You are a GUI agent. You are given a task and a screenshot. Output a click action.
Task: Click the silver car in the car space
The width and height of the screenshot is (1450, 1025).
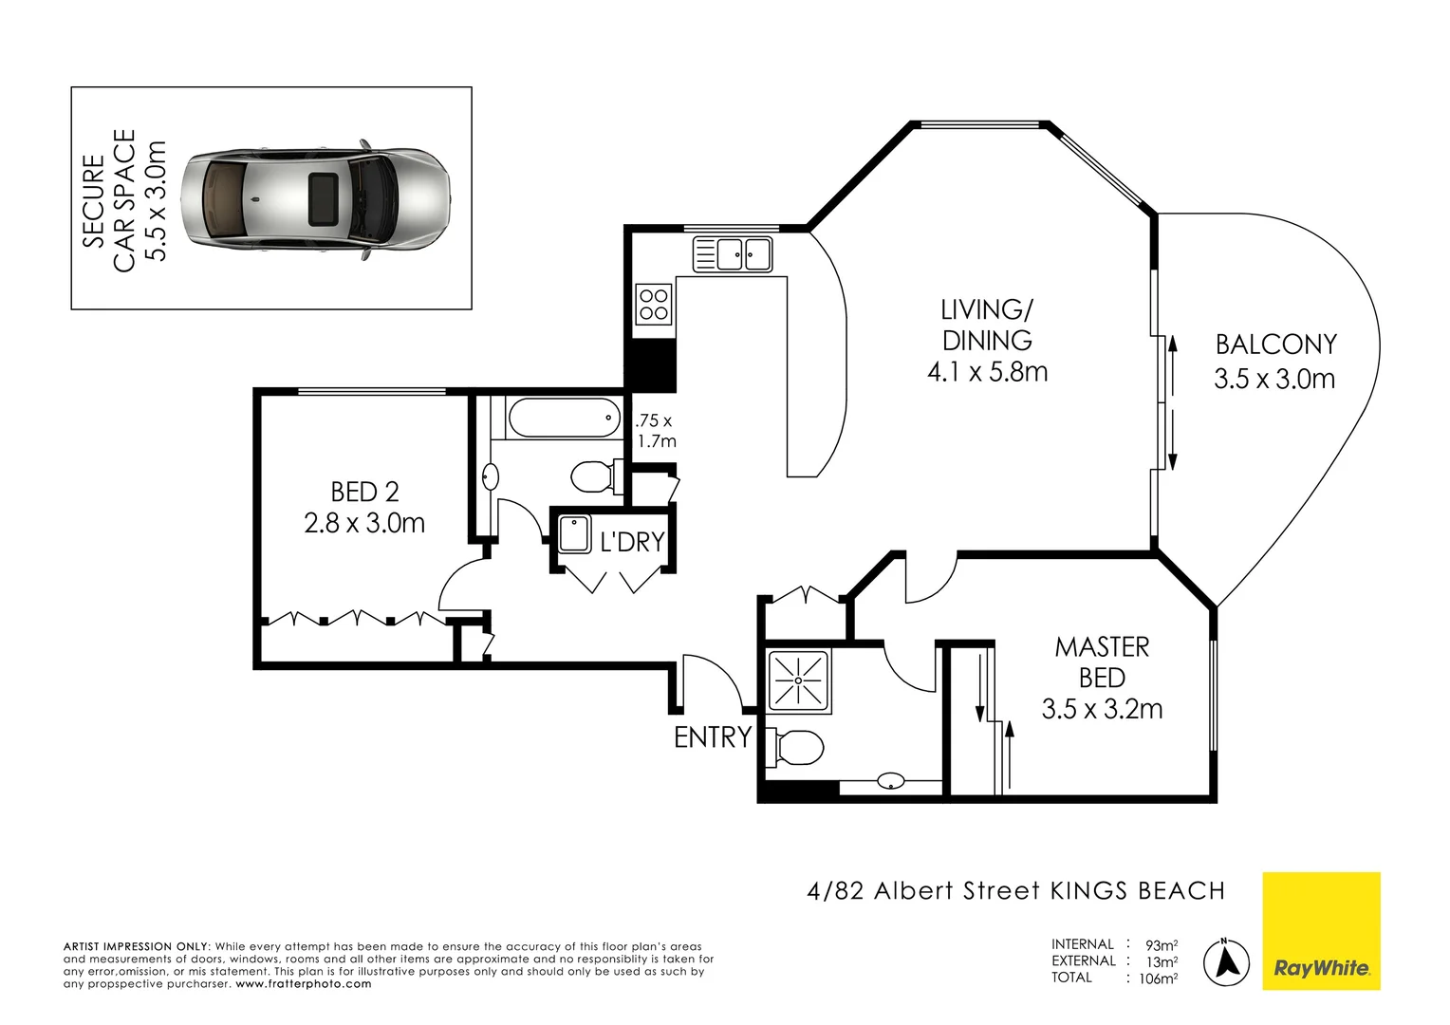click(315, 199)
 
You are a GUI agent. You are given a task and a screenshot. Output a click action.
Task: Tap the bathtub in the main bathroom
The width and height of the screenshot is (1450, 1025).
click(565, 418)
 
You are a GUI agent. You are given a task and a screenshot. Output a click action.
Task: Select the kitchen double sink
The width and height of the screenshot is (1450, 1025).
click(733, 253)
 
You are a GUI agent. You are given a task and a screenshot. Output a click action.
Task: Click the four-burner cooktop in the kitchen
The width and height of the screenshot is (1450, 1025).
click(654, 305)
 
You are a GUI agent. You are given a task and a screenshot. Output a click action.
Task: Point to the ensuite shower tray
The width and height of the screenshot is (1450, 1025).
click(797, 680)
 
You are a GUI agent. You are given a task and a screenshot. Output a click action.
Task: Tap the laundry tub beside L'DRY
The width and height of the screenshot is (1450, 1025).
click(574, 534)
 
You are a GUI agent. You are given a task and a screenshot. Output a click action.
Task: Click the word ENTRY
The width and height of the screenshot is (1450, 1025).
click(713, 736)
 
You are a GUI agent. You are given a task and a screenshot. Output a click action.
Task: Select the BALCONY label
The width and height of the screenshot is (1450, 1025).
click(1276, 345)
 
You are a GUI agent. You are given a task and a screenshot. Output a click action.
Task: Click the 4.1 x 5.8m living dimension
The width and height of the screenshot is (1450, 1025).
click(987, 372)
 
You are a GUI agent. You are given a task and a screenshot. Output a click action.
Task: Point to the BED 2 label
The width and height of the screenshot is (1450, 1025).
click(364, 493)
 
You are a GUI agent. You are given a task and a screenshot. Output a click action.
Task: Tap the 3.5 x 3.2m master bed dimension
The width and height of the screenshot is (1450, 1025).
click(1102, 709)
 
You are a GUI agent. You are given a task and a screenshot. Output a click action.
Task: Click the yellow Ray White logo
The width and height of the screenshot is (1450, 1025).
click(1321, 931)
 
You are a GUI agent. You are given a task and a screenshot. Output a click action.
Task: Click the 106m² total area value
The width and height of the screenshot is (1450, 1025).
click(1158, 978)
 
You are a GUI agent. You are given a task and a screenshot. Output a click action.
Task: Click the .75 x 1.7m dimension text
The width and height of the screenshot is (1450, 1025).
click(656, 431)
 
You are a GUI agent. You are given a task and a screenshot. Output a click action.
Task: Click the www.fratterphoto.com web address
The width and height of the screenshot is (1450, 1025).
click(304, 983)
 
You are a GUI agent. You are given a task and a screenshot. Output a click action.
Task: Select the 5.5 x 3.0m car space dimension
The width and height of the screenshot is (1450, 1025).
click(156, 200)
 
